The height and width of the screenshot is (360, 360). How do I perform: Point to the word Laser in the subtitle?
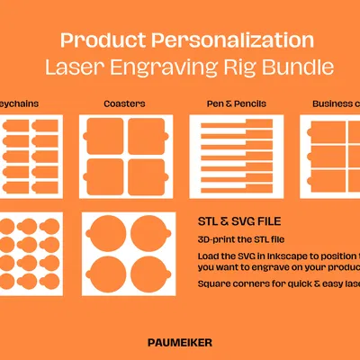click(x=84, y=67)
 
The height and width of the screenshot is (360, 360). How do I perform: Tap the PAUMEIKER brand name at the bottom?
click(x=180, y=342)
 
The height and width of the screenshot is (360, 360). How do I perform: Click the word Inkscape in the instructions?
click(x=285, y=254)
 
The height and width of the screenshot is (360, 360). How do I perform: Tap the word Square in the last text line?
click(x=215, y=284)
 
